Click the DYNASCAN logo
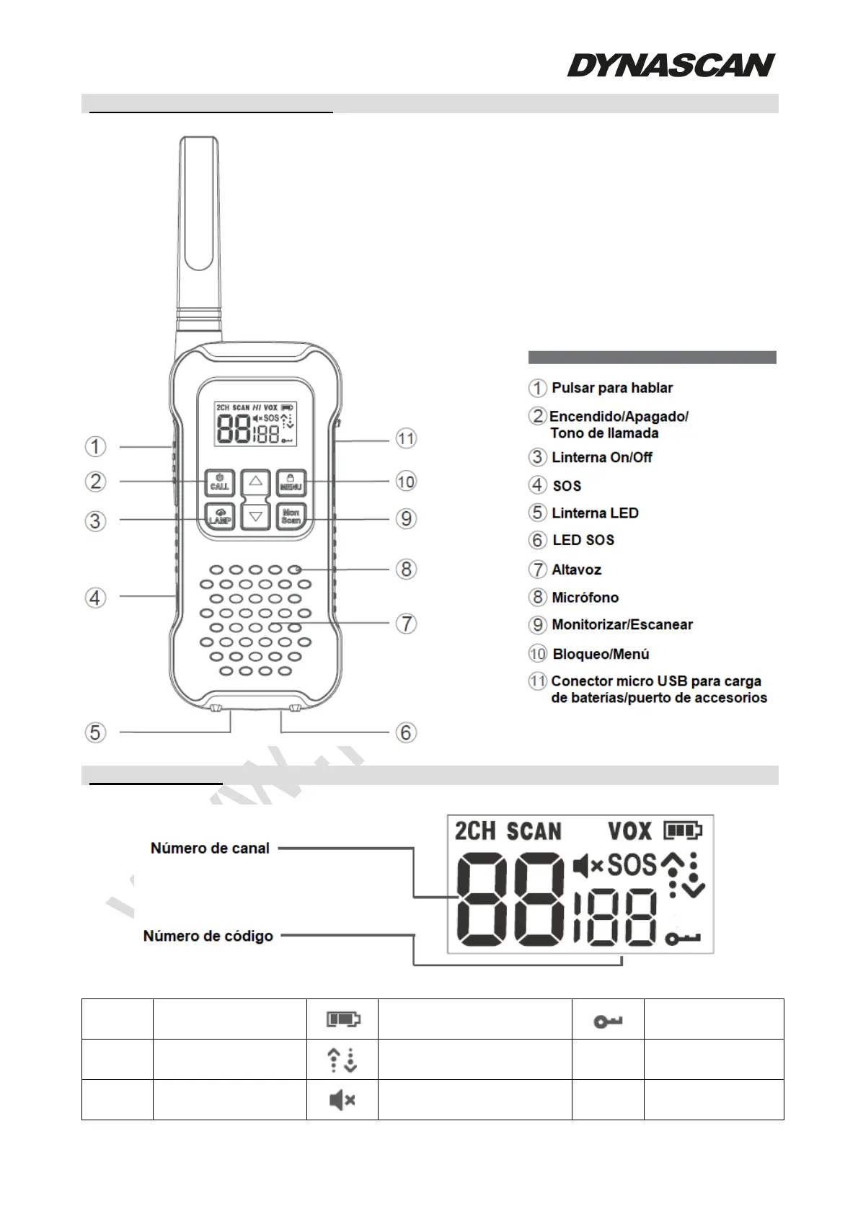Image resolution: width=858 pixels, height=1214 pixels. click(671, 65)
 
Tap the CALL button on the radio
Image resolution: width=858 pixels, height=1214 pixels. click(219, 482)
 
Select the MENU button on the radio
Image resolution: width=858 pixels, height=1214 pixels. click(291, 482)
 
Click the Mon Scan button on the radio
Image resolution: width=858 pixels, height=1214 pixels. click(291, 516)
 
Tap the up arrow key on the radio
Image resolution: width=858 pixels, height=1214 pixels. click(255, 481)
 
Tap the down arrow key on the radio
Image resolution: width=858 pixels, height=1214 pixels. click(255, 516)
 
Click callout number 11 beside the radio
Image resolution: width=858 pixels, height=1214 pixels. click(407, 438)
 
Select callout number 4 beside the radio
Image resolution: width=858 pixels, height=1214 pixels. click(95, 598)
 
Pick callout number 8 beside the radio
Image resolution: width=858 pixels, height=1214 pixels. click(407, 569)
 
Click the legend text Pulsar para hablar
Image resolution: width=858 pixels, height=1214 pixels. click(611, 388)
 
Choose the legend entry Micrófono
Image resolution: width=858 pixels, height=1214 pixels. click(585, 598)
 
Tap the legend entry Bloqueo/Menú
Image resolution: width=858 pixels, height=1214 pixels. click(601, 654)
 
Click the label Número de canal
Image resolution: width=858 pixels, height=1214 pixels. click(210, 849)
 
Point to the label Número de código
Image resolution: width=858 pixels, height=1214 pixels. click(208, 936)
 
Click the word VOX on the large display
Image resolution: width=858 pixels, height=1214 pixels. click(629, 831)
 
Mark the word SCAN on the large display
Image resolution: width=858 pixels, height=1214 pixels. click(534, 831)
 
